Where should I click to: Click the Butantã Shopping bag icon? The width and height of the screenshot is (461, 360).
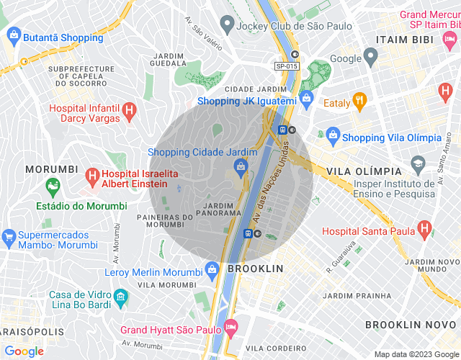tap(13, 34)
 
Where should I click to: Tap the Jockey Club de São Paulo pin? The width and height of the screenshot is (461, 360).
tap(226, 27)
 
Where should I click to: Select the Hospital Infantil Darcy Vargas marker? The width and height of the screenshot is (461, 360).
tap(129, 111)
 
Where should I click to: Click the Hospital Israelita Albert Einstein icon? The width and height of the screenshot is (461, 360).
tap(91, 174)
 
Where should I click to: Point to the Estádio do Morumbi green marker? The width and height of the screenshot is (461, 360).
tap(53, 188)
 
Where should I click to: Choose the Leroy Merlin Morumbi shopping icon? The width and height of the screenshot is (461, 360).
tap(212, 269)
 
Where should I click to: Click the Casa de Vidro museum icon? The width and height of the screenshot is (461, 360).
tap(121, 296)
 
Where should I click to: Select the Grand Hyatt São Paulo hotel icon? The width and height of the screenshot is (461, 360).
tap(231, 328)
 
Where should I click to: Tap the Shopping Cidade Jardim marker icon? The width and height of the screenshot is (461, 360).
tap(240, 167)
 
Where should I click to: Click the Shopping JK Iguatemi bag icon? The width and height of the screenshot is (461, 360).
tap(306, 97)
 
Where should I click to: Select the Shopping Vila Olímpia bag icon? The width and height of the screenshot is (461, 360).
tap(333, 134)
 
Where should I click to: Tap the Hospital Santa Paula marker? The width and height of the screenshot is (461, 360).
tap(425, 230)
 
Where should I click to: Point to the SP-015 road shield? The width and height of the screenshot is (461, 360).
tap(286, 66)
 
